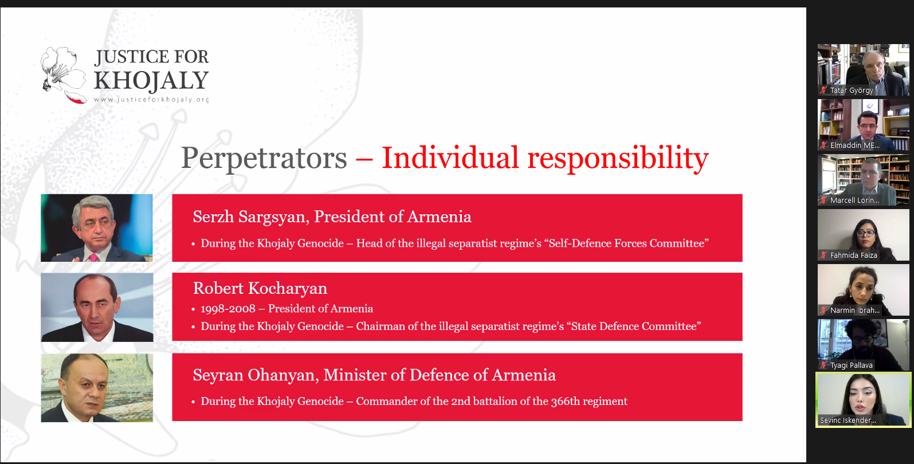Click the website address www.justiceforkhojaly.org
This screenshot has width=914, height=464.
(x=151, y=100)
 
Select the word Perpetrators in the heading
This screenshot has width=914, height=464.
(x=264, y=158)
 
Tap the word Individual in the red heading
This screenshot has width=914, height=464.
(x=450, y=158)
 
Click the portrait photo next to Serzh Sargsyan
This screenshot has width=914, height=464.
(x=97, y=228)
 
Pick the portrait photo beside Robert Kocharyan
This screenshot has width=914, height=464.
(x=97, y=307)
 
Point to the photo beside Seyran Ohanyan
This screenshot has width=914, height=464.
(x=97, y=388)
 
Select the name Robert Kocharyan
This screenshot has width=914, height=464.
(x=260, y=288)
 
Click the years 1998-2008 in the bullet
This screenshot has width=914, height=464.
(x=228, y=309)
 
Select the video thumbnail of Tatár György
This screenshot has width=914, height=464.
(x=864, y=70)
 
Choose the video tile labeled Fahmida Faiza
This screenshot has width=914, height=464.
(x=864, y=235)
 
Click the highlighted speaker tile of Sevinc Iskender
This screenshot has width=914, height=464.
(x=864, y=400)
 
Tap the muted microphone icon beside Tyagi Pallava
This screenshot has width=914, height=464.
(x=823, y=365)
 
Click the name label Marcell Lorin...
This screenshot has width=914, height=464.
(x=854, y=200)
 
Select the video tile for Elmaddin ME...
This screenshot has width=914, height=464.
(x=864, y=125)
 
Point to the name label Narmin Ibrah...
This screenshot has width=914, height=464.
(x=855, y=310)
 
